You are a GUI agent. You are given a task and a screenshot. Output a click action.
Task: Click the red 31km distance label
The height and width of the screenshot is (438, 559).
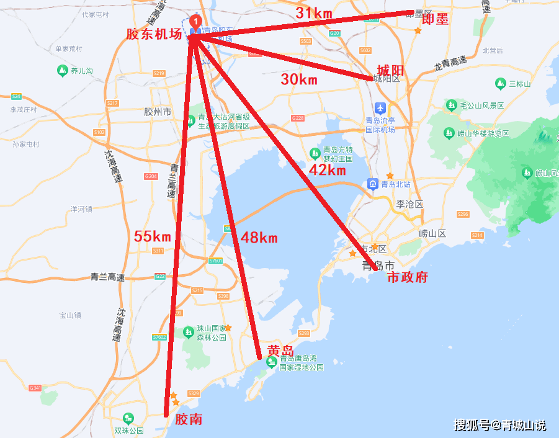pyautogui.click(x=314, y=12)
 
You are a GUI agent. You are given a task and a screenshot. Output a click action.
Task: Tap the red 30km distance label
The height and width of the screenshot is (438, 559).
pyautogui.click(x=298, y=79)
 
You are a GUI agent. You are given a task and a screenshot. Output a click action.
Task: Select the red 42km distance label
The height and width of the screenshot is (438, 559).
pyautogui.click(x=327, y=170)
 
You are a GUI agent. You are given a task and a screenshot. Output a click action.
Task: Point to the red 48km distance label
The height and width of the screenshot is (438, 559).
pyautogui.click(x=259, y=237)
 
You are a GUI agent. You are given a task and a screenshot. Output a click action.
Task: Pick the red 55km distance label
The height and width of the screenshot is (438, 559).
pyautogui.click(x=152, y=236)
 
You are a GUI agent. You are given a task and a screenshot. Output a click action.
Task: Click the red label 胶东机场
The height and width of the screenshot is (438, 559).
pyautogui.click(x=154, y=35)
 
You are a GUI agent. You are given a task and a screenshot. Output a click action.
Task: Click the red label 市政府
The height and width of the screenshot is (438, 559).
pyautogui.click(x=408, y=277)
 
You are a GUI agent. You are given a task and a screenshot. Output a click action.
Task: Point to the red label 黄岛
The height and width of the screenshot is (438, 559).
pyautogui.click(x=280, y=350)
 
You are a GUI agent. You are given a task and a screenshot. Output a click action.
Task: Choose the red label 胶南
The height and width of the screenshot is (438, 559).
pyautogui.click(x=189, y=419)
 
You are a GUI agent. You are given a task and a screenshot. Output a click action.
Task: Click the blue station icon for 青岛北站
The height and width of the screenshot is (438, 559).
pyautogui.click(x=373, y=184)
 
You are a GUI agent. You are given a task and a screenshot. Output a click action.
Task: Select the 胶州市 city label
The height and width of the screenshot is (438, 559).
pyautogui.click(x=157, y=112)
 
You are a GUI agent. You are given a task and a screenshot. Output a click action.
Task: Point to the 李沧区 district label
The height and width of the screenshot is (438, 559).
pyautogui.click(x=409, y=204)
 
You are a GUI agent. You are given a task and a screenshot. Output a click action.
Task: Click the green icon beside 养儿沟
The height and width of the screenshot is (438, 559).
pyautogui.click(x=62, y=71)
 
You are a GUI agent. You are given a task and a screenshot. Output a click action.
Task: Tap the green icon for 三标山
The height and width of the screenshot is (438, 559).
pyautogui.click(x=500, y=83)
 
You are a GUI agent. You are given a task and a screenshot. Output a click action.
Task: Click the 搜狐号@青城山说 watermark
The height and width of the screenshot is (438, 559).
pyautogui.click(x=500, y=425)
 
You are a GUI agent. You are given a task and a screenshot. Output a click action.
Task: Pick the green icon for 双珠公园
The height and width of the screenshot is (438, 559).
pyautogui.click(x=128, y=418)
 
